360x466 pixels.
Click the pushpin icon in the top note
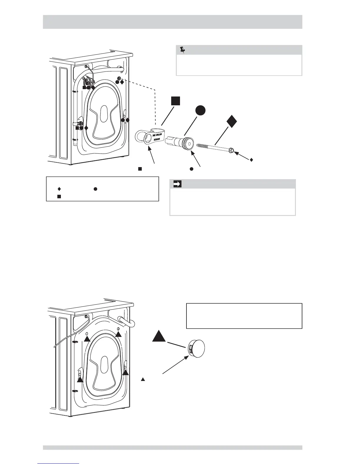182,50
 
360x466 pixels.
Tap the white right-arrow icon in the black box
177,184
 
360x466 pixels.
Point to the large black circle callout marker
200,111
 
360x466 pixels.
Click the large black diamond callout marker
231,121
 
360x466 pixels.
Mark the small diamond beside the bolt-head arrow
251,160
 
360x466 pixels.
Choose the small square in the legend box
59,196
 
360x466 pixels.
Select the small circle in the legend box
95,189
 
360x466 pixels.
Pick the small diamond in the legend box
59,189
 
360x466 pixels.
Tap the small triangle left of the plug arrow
143,380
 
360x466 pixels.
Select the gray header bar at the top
173,22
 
